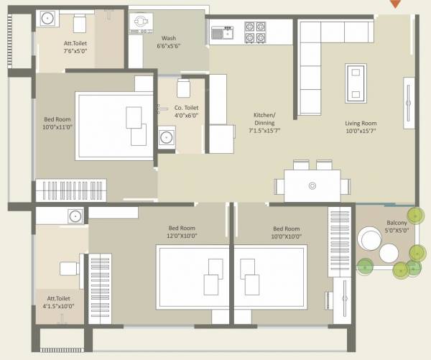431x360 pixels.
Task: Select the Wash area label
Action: click(169, 38)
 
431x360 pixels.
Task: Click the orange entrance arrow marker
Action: click(394, 4)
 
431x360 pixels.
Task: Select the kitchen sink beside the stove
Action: click(222, 32)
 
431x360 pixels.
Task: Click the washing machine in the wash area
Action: click(140, 22)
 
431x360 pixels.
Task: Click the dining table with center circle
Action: click(312, 185)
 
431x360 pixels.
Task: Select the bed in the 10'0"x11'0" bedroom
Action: click(115, 122)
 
